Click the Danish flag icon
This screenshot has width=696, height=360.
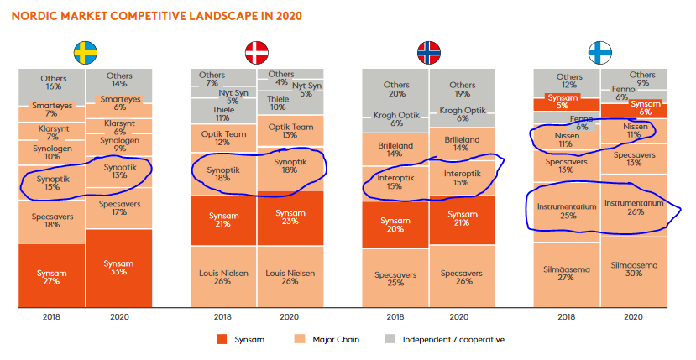click(256, 53)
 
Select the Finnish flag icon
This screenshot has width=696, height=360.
click(599, 53)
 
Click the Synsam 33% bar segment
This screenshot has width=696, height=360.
click(118, 269)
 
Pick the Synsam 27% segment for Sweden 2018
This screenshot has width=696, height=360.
click(52, 278)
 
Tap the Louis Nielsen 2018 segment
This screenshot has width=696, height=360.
click(222, 278)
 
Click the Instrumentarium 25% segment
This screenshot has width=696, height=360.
click(568, 209)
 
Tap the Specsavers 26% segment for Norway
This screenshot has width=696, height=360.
click(462, 278)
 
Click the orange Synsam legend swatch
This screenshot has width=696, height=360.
click(222, 339)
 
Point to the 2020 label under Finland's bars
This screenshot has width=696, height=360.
click(634, 317)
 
